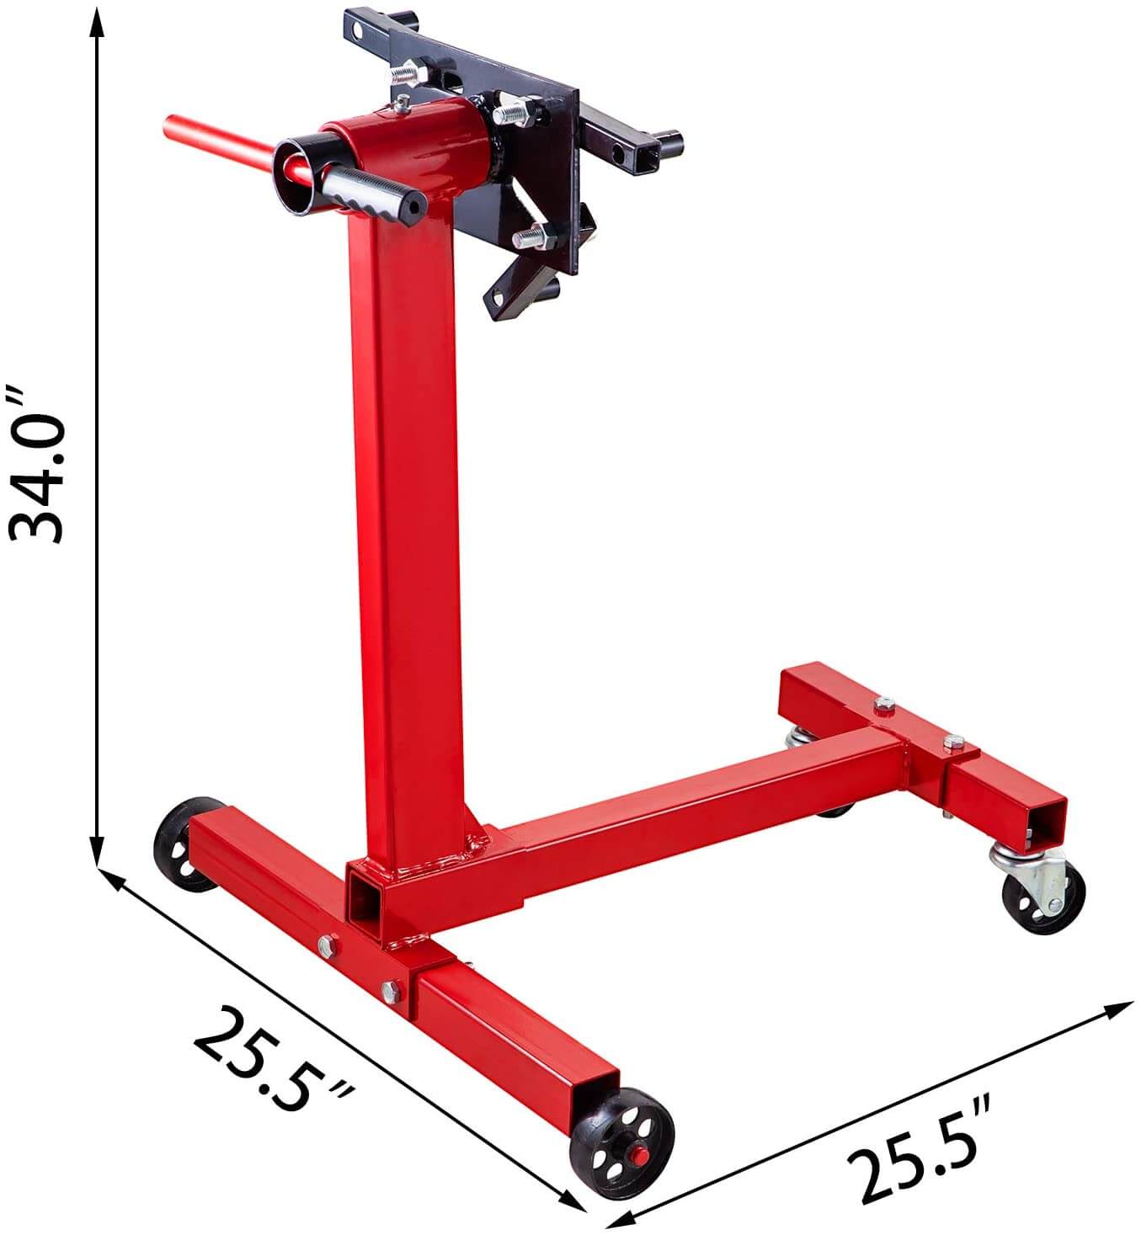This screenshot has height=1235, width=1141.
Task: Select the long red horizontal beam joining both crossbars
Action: (x=674, y=808)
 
